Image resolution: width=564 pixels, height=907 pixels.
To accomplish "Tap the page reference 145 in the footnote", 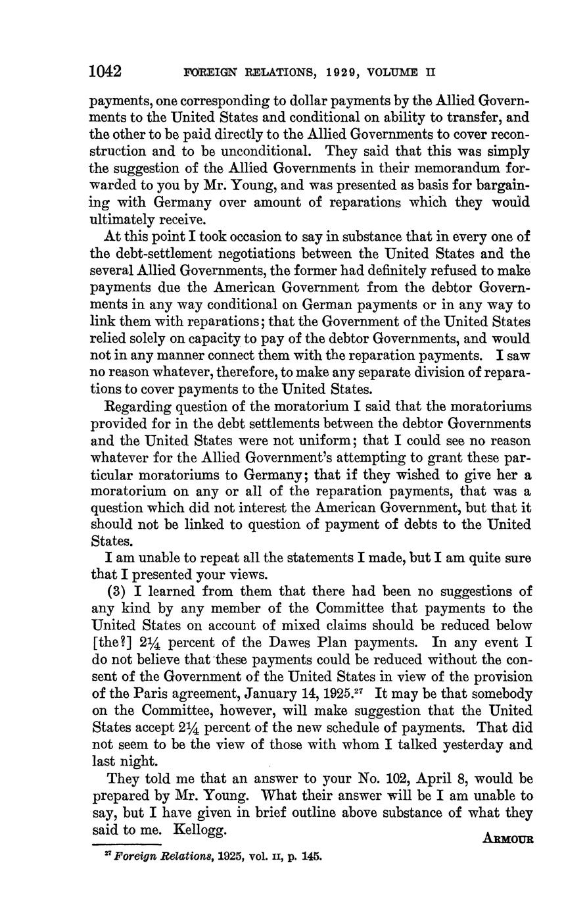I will click(x=309, y=857).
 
